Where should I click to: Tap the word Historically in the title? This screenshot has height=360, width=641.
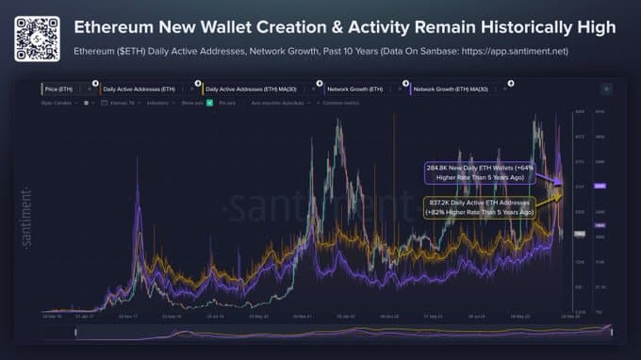(x=524, y=27)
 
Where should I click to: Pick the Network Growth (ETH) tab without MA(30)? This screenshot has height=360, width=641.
(x=356, y=87)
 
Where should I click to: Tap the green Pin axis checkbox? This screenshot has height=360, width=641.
(x=209, y=102)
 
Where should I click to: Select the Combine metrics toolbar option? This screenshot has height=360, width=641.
(x=344, y=102)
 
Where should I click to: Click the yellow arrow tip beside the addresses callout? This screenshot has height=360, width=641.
(x=563, y=195)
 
